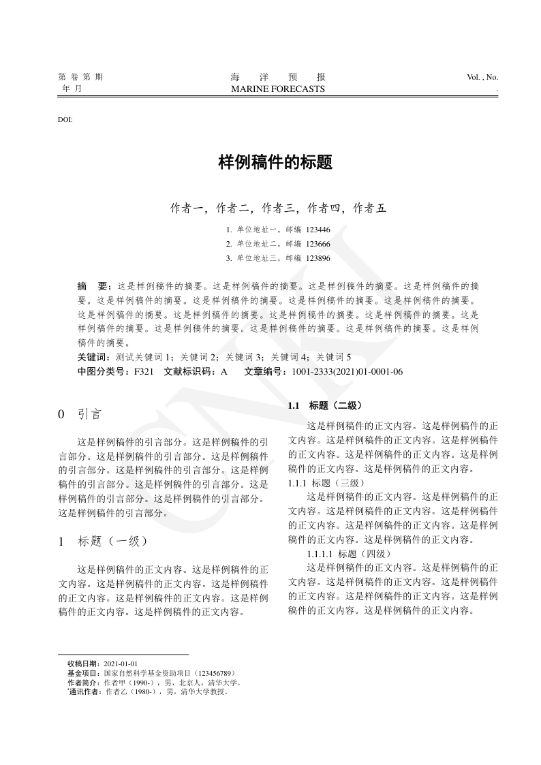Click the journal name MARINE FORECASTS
pyautogui.click(x=278, y=89)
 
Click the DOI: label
pyautogui.click(x=65, y=120)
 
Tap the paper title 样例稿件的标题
pyautogui.click(x=275, y=162)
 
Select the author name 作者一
pyautogui.click(x=188, y=208)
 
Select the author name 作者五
pyautogui.click(x=370, y=208)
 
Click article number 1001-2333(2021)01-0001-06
pyautogui.click(x=347, y=372)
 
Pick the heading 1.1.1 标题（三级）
pyautogui.click(x=327, y=483)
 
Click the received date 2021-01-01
pyautogui.click(x=121, y=663)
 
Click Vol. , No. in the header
pyautogui.click(x=482, y=78)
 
